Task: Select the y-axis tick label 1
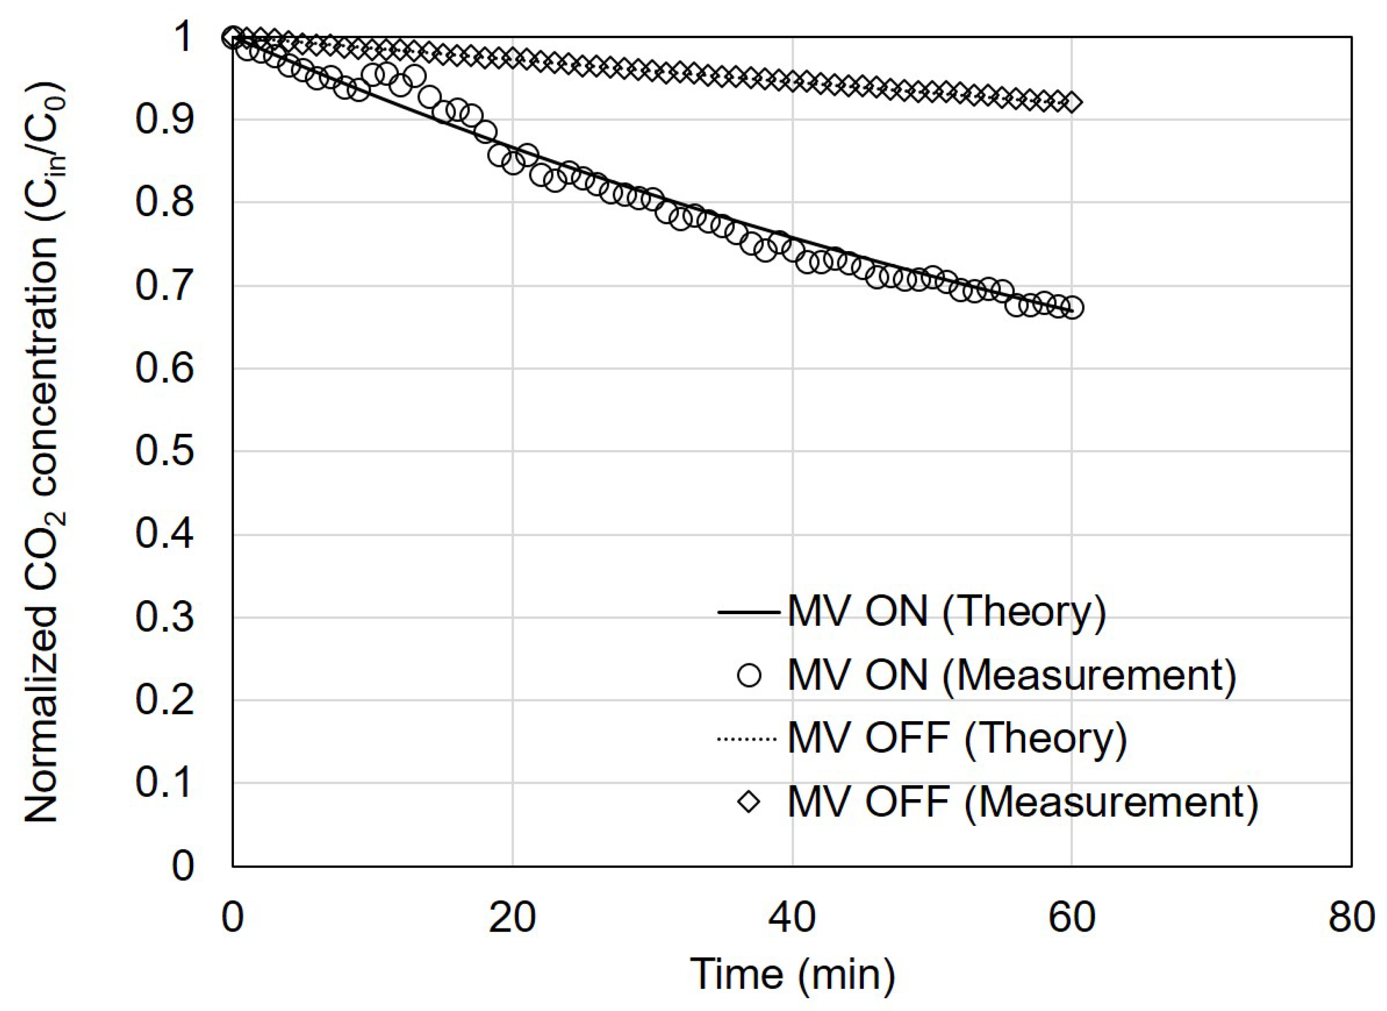coord(182,38)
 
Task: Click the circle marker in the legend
coord(749,676)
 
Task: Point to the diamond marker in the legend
coord(749,802)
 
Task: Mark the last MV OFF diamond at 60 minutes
coord(1072,102)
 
